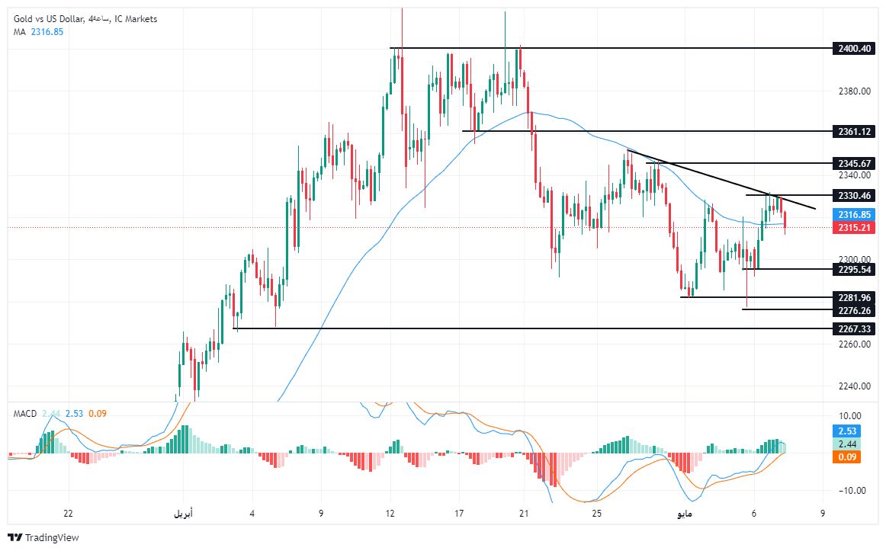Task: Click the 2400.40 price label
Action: pyautogui.click(x=853, y=48)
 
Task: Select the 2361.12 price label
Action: pyautogui.click(x=853, y=131)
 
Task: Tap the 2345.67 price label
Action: pyautogui.click(x=853, y=163)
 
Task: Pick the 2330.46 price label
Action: pyautogui.click(x=853, y=195)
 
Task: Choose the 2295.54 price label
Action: pyautogui.click(x=853, y=269)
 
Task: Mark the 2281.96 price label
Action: pyautogui.click(x=853, y=297)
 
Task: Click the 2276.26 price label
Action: pyautogui.click(x=853, y=309)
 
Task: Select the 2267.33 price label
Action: pyautogui.click(x=853, y=328)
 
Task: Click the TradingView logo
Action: pyautogui.click(x=43, y=537)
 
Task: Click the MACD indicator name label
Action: pyautogui.click(x=25, y=413)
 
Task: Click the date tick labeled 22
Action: pyautogui.click(x=69, y=514)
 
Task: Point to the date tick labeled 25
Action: pyautogui.click(x=596, y=514)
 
